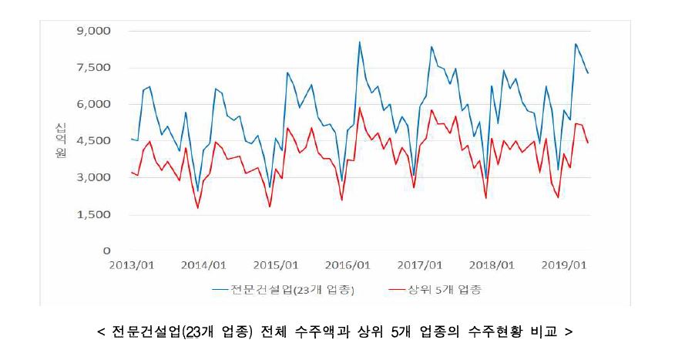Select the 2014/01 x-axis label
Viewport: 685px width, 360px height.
pyautogui.click(x=204, y=266)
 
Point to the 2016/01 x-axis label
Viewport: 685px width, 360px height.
pyautogui.click(x=348, y=266)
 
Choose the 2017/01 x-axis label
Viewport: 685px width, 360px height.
pyautogui.click(x=420, y=266)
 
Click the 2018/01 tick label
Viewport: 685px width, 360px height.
pyautogui.click(x=492, y=266)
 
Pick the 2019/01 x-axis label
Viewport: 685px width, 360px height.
pyautogui.click(x=564, y=266)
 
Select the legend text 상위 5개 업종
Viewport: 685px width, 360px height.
pyautogui.click(x=450, y=290)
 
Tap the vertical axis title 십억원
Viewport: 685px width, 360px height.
pyautogui.click(x=60, y=141)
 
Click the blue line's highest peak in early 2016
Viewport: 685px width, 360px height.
pyautogui.click(x=359, y=42)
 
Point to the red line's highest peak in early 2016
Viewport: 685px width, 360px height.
pyautogui.click(x=359, y=107)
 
